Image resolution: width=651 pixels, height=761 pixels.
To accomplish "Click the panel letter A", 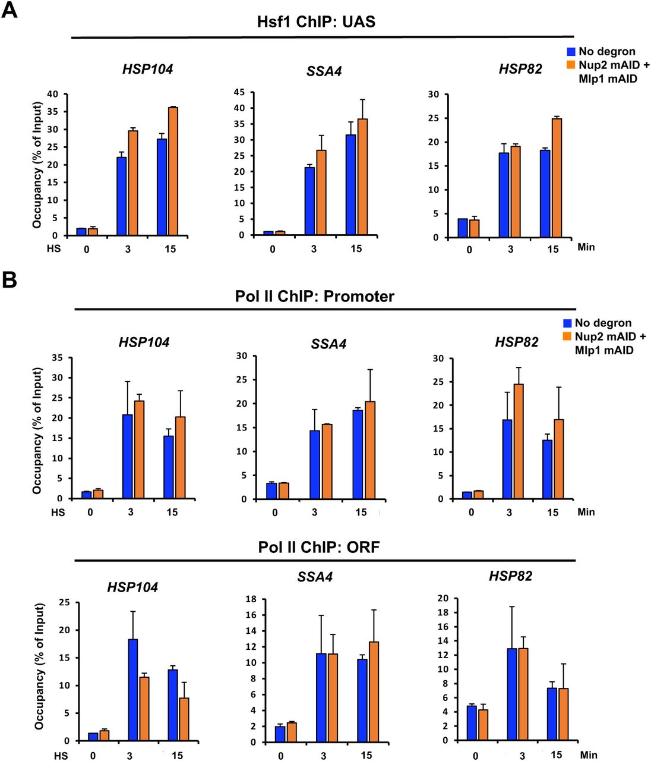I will click(10, 10).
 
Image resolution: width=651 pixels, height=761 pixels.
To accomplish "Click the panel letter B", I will click(10, 279).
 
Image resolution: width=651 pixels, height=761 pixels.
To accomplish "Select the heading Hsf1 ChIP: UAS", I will click(316, 22).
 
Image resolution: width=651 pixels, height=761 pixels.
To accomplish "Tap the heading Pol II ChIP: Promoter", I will click(314, 296).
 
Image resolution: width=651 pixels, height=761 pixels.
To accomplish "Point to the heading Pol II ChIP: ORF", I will click(318, 547).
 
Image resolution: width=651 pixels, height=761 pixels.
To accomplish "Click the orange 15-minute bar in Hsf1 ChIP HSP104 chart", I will click(173, 171).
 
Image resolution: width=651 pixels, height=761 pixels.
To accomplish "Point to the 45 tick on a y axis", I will click(239, 92).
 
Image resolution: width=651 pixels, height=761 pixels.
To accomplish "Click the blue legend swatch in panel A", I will click(571, 52).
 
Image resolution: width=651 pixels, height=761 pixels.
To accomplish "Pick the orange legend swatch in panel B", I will click(567, 337).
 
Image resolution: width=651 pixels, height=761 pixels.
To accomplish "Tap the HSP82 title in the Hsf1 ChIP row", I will click(520, 69).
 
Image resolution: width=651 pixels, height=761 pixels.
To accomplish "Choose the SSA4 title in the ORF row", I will click(315, 576).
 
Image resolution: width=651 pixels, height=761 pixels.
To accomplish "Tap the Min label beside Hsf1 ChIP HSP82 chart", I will click(586, 247).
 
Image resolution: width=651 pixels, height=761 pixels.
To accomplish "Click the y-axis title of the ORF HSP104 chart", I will click(39, 666).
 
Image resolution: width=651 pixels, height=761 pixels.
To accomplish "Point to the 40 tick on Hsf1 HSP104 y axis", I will click(53, 94).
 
